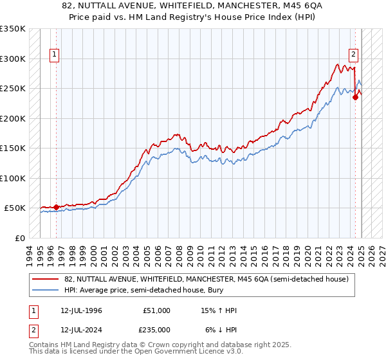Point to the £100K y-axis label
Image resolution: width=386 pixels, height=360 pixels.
point(14,178)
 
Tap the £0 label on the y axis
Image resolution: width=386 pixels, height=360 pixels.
point(19,238)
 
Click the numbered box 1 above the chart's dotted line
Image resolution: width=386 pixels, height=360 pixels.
point(55,55)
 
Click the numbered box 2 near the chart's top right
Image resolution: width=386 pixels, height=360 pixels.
point(354,55)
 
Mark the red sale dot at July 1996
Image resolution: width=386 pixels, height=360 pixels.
point(57,207)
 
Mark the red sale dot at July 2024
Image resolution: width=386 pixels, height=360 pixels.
point(355,97)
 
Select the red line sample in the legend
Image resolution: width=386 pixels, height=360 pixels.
point(46,279)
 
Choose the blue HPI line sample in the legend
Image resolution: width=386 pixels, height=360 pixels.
point(46,290)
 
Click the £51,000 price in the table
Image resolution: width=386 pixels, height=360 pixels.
point(156,310)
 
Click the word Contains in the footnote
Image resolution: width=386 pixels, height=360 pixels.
point(46,345)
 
